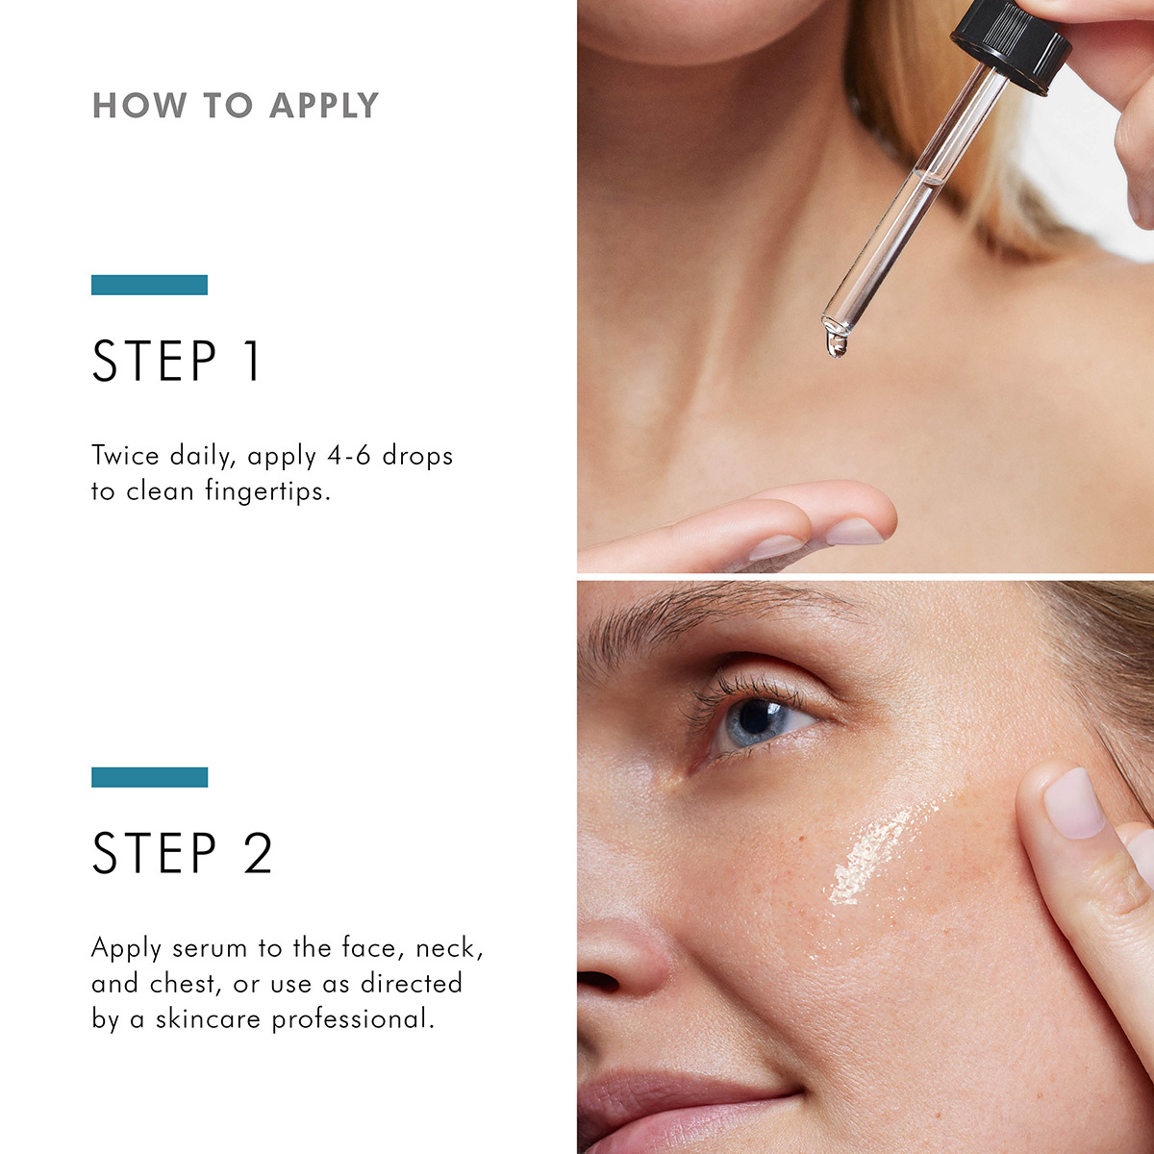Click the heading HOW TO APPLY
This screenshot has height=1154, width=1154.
[x=236, y=106]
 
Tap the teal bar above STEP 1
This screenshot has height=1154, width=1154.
[x=149, y=285]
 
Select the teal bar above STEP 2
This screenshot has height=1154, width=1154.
[x=149, y=777]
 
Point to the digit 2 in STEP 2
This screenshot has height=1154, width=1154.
[x=258, y=853]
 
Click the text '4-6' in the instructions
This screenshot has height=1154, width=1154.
[x=348, y=456]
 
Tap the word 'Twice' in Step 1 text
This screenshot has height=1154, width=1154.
[x=125, y=456]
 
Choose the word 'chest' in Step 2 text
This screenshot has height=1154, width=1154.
[x=182, y=984]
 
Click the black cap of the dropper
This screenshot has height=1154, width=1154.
[x=1010, y=43]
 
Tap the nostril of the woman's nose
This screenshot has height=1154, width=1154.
[x=598, y=981]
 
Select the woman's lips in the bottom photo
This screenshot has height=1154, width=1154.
[x=673, y=1106]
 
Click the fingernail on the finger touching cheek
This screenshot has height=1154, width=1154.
[x=1072, y=803]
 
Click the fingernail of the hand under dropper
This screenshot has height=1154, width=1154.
[x=854, y=532]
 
